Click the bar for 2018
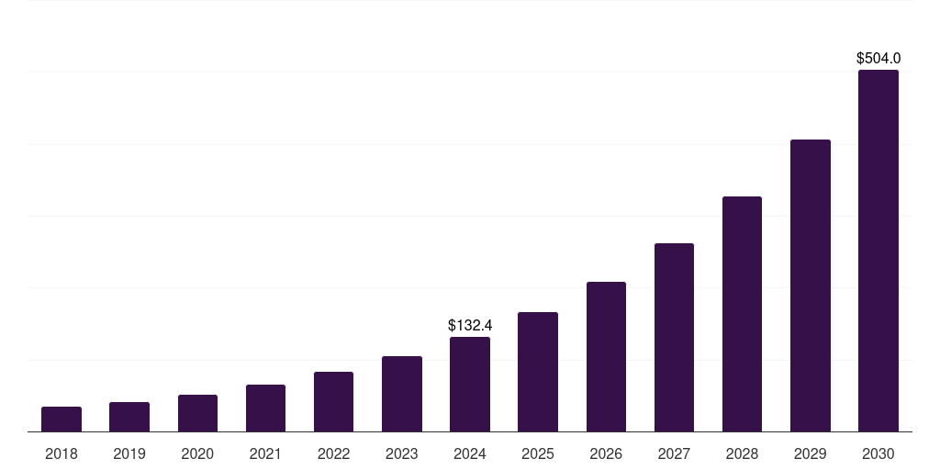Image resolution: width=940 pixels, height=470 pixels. coord(62,420)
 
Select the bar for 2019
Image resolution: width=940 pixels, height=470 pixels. coord(129,417)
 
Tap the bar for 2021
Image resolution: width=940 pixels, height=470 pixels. coord(265,408)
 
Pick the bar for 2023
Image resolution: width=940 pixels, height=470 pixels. coord(402,394)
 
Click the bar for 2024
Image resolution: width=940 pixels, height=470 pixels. coord(470,385)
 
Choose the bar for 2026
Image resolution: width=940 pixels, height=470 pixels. coord(606,357)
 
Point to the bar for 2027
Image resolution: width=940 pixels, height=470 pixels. coord(674,338)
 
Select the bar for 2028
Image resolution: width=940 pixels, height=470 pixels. coord(742,314)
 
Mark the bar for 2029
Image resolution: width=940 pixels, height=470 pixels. coord(811,285)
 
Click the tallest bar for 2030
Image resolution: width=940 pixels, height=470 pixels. coord(878,251)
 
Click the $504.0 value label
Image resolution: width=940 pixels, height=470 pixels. coord(878,59)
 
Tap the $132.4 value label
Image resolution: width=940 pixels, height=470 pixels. coord(470,326)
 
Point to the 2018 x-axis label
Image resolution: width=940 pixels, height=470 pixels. coord(62,454)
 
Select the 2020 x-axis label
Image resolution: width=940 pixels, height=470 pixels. coord(197,454)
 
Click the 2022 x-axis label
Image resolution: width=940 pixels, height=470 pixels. coord(334,454)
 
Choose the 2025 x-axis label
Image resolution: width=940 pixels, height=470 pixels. coord(538,454)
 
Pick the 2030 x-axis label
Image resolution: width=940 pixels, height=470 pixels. coord(878,454)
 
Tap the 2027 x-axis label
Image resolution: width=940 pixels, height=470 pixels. coord(674,454)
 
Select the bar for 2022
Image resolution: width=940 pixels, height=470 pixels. coord(334,402)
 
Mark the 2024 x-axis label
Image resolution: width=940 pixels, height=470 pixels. coord(470,454)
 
